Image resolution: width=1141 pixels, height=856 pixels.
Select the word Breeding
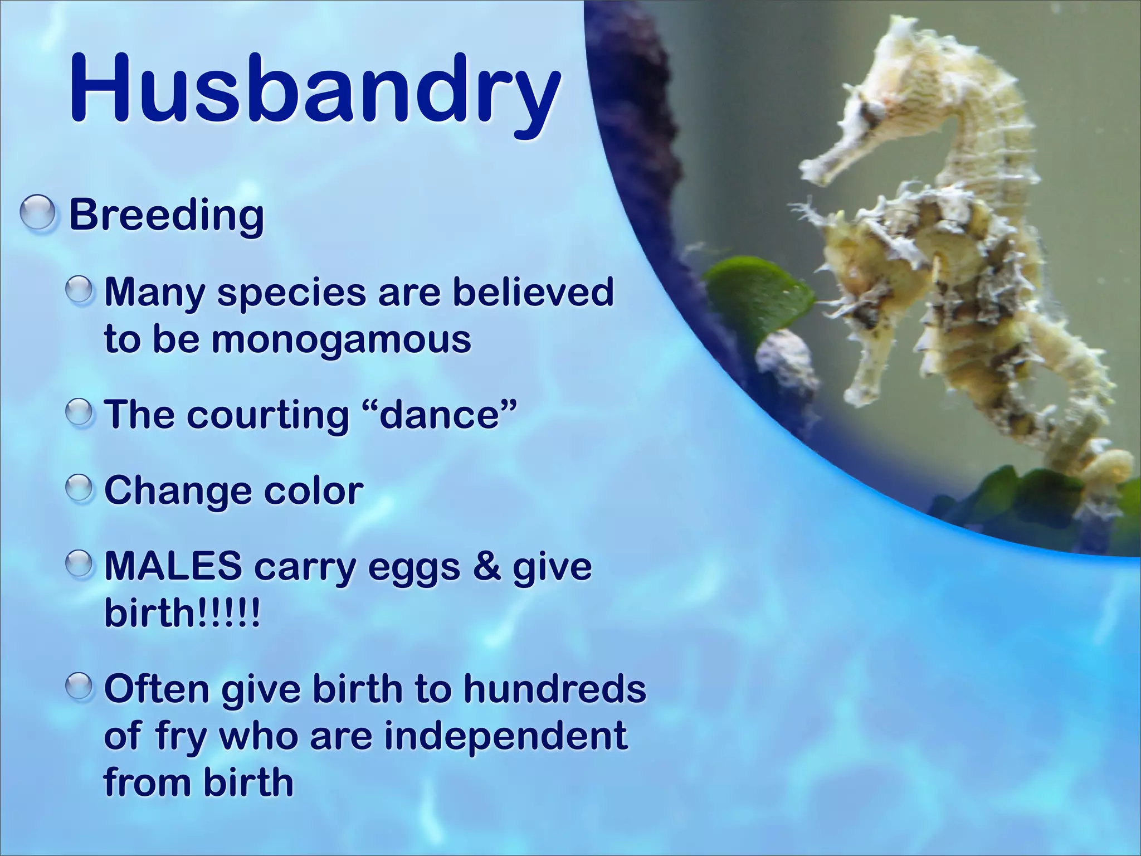coord(166,215)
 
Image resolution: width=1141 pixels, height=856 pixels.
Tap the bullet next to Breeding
coord(38,214)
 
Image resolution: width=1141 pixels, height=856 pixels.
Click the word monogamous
coord(341,339)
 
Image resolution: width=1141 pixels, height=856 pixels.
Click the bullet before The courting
coord(81,414)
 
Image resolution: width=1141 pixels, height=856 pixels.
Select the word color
coord(313,491)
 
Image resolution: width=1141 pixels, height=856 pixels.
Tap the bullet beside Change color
coord(81,490)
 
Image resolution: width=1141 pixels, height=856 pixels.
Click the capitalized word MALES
coord(173,566)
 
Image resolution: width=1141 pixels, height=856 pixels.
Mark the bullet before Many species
coord(81,291)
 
